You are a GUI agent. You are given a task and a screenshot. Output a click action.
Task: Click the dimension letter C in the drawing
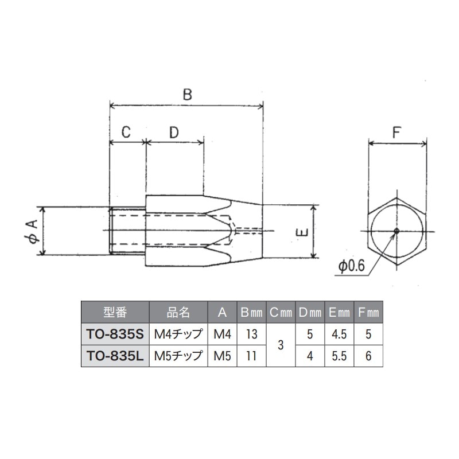[127, 132]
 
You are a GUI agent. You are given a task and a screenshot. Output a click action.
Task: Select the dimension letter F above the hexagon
[396, 132]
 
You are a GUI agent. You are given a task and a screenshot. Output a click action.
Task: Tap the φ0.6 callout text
[351, 267]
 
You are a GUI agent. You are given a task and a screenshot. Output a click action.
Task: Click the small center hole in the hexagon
[396, 231]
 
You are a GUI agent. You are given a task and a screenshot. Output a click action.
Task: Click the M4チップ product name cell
[178, 333]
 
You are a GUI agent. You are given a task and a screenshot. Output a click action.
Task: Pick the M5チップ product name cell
[178, 356]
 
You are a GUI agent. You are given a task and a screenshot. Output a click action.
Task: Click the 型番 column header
[115, 312]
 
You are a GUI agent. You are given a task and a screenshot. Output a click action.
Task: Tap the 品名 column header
[178, 312]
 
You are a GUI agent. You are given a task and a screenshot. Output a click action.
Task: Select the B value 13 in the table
[250, 333]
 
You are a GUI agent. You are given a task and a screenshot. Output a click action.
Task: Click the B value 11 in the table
[250, 356]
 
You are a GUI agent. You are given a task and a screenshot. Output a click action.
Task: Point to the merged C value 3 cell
[280, 345]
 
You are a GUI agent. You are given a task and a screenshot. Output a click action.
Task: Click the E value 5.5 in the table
[339, 356]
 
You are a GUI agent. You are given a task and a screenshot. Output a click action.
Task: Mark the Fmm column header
[368, 312]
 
